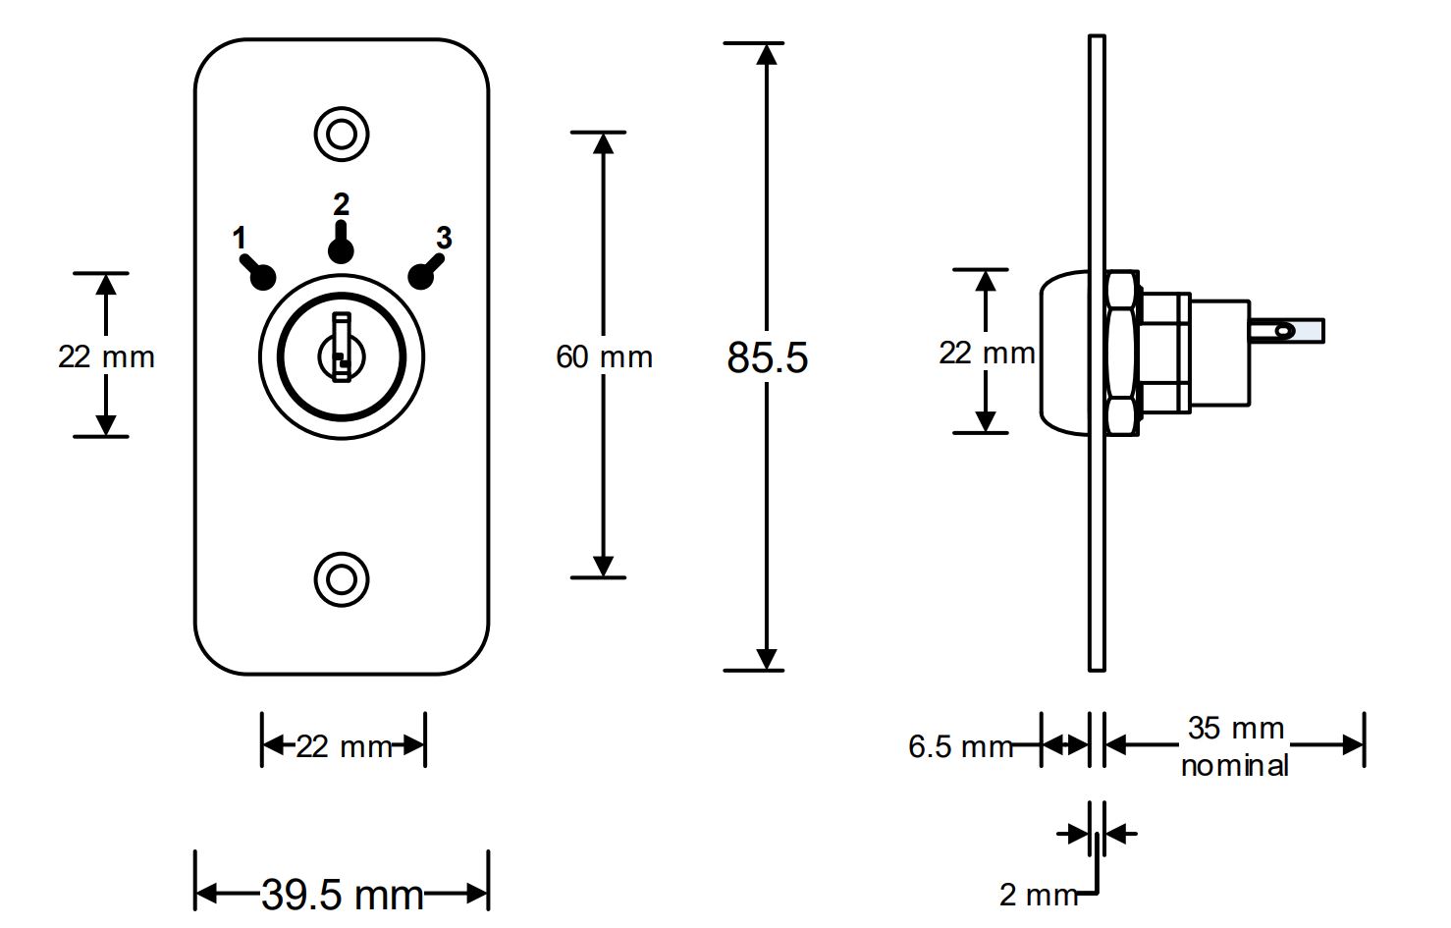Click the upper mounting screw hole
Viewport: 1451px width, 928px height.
coord(341,133)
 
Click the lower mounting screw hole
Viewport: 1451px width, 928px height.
coord(341,578)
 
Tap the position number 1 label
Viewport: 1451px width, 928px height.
coord(239,238)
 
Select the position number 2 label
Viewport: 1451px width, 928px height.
coord(341,204)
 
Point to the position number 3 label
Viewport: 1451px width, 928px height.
coord(444,238)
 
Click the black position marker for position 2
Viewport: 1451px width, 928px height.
coord(341,248)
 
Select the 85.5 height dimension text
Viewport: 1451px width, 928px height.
coord(767,357)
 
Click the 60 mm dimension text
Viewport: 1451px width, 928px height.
coord(604,356)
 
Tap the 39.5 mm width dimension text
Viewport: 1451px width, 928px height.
coord(342,895)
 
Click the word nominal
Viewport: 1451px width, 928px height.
coord(1234,766)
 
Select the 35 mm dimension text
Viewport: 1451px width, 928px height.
coord(1235,729)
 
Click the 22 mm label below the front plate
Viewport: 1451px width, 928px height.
coord(344,747)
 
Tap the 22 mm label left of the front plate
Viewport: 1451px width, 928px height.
coord(106,356)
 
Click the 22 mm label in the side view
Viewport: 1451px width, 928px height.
coord(986,353)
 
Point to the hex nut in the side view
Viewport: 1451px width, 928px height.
coord(1120,353)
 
